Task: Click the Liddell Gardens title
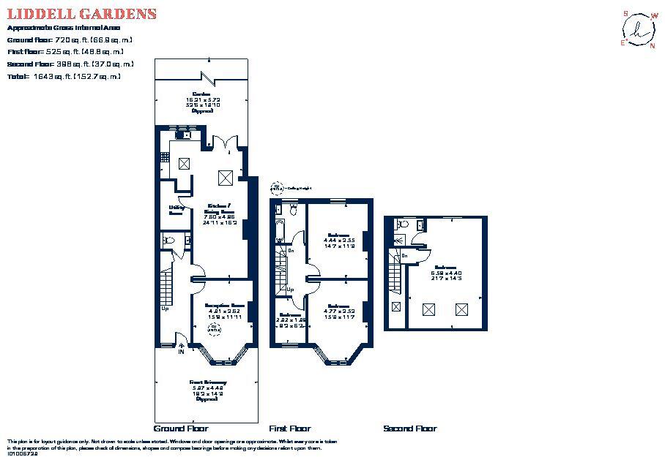point(81,14)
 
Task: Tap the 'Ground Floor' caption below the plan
point(181,428)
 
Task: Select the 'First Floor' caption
point(290,428)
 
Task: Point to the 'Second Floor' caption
point(410,428)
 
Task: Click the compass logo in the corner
point(638,29)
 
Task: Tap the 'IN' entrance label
point(181,352)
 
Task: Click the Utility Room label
point(176,210)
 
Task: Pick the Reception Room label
point(224,305)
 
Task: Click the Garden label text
point(202,94)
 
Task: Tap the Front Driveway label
point(207,382)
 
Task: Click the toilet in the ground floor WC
point(168,239)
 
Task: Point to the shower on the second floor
point(398,239)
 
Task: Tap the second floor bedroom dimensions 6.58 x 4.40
point(447,273)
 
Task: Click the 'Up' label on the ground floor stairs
point(165,309)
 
